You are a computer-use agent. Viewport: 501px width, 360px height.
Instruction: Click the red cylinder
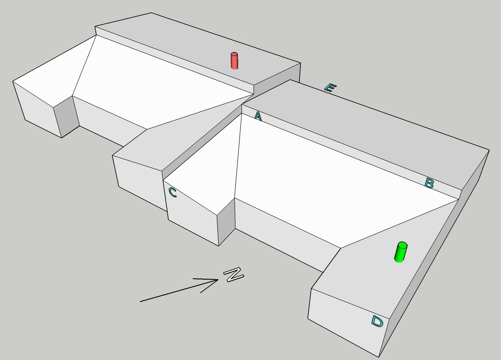coord(234,61)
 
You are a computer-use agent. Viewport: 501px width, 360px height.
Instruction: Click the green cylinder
coord(401,252)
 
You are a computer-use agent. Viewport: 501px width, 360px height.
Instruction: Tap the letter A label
coord(258,117)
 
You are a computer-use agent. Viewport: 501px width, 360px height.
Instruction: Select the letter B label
coord(429,183)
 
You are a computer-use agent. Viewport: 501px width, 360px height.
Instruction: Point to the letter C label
coord(172,192)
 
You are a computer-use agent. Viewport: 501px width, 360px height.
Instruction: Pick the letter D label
coord(377,321)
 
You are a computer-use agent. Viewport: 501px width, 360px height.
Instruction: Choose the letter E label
coord(330,87)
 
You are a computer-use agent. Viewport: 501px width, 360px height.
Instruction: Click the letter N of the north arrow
coord(234,274)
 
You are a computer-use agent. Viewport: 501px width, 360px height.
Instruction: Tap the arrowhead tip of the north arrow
coord(218,280)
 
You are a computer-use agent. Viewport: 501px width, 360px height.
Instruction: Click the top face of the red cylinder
coord(234,54)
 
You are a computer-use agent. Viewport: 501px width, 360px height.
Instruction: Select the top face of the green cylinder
coord(402,245)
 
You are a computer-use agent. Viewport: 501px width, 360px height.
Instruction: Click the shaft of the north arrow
coord(179,291)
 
